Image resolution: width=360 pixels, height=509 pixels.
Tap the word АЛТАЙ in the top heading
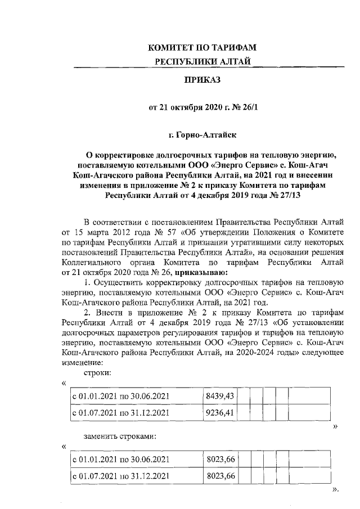(231, 61)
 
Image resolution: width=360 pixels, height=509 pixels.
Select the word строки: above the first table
(97, 373)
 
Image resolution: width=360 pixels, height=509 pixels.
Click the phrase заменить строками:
(119, 436)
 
